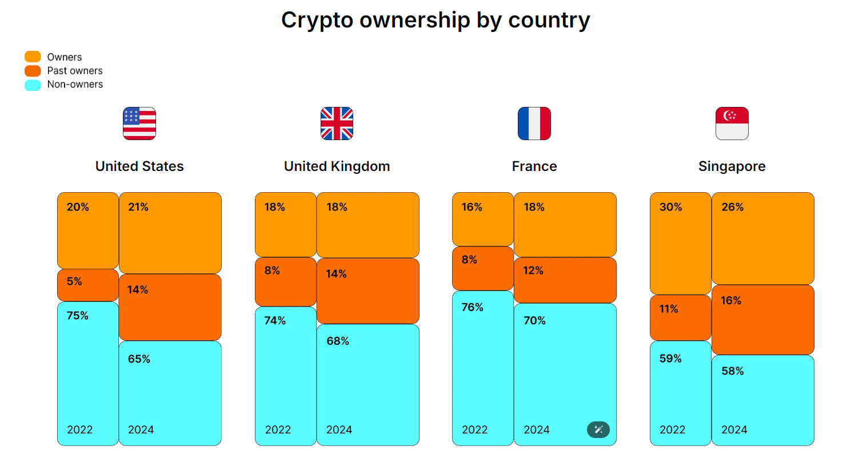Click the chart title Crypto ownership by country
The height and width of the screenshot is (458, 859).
click(436, 20)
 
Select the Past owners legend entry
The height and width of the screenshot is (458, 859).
click(74, 71)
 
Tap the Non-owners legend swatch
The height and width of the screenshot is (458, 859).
click(33, 85)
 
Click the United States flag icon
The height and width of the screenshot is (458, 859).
click(139, 124)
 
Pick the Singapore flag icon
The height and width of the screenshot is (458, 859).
click(732, 124)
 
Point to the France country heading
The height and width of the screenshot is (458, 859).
click(534, 166)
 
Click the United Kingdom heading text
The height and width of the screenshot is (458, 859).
click(337, 166)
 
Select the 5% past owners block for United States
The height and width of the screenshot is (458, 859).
click(88, 285)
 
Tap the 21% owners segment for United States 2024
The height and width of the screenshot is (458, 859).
click(170, 233)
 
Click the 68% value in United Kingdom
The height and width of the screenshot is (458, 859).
click(338, 341)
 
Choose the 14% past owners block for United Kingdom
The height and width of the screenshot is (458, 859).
click(367, 291)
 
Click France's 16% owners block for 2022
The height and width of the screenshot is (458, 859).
click(482, 219)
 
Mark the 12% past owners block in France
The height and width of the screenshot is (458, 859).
click(565, 280)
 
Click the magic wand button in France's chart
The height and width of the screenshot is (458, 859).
click(598, 429)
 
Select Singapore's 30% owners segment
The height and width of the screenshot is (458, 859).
click(680, 244)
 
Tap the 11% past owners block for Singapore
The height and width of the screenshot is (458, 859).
click(680, 318)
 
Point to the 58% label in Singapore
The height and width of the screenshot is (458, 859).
click(732, 371)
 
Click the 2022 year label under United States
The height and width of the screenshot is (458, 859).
click(80, 429)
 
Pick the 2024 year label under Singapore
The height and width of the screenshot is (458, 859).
click(734, 429)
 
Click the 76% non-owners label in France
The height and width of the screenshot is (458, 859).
click(472, 308)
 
